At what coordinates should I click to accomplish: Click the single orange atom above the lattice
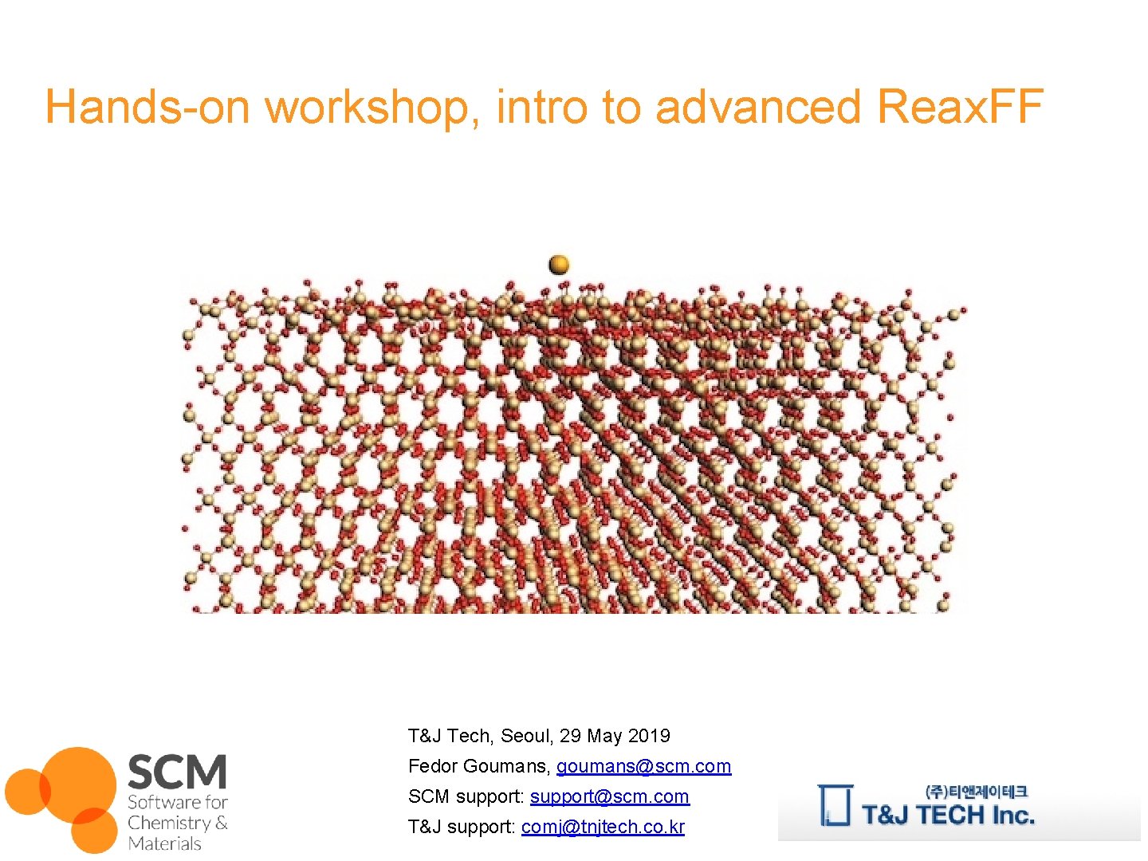tap(559, 264)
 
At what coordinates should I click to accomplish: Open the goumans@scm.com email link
tap(643, 766)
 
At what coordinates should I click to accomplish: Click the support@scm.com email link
tap(609, 796)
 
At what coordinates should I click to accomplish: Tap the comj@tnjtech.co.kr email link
tap(603, 827)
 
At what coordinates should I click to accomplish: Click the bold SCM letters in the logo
tap(177, 772)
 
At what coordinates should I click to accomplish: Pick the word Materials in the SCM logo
tap(164, 843)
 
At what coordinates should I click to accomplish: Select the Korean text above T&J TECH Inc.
tap(977, 792)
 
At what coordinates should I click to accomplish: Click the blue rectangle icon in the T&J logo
tap(835, 805)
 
